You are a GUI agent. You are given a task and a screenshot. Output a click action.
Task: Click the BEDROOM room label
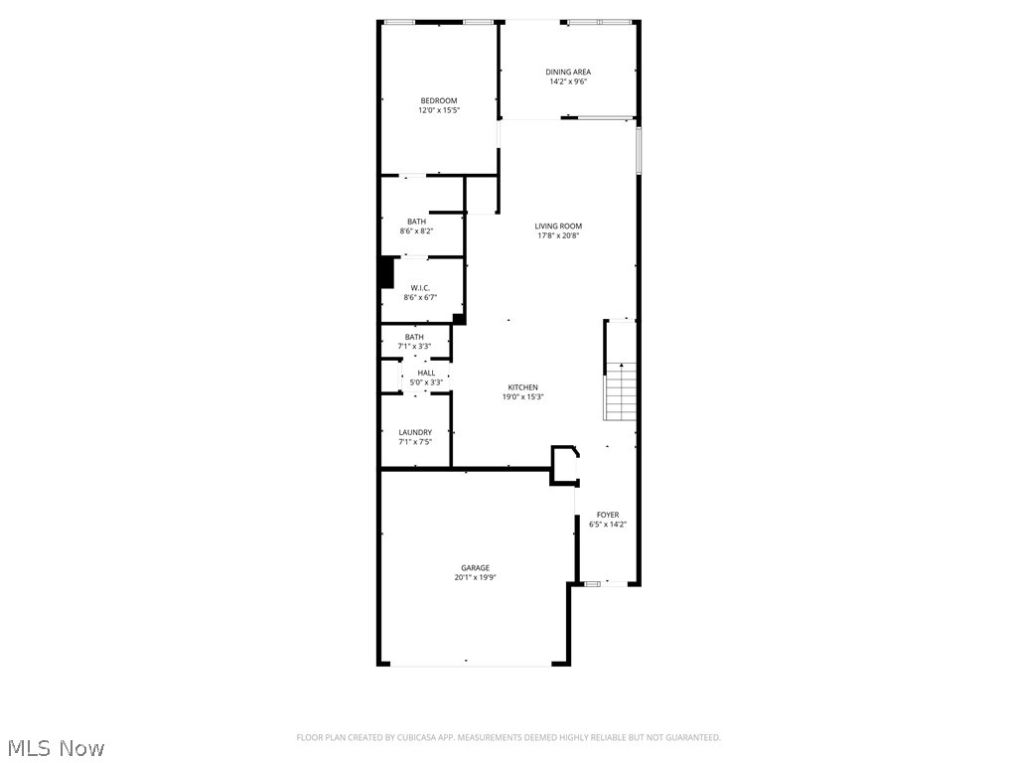(x=438, y=100)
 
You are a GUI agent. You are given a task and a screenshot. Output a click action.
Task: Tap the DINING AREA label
(x=568, y=72)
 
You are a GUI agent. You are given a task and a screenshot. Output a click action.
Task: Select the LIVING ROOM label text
(x=557, y=226)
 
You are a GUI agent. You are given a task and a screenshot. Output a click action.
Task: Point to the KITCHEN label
(x=522, y=387)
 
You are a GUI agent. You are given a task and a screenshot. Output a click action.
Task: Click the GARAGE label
(x=475, y=567)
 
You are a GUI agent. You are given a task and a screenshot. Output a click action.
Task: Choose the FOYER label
(x=607, y=515)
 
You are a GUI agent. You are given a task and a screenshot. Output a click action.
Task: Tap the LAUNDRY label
(x=415, y=432)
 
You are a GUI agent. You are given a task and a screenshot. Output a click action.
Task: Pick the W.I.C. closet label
(x=419, y=287)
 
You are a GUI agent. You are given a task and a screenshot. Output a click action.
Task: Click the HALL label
(x=425, y=373)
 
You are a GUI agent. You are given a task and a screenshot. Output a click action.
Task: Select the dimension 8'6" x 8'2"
(x=416, y=231)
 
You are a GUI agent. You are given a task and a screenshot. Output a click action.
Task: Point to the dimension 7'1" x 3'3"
(x=414, y=346)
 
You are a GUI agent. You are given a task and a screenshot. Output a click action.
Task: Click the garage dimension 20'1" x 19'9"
(x=475, y=577)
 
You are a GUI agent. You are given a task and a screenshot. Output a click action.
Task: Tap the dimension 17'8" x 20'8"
(x=557, y=235)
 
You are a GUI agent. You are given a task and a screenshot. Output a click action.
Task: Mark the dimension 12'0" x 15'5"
(x=438, y=110)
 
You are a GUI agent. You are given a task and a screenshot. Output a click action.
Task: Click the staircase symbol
(x=620, y=393)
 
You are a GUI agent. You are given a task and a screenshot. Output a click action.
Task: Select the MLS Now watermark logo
(x=54, y=747)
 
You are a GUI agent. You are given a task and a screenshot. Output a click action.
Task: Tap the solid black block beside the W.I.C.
(x=386, y=272)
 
